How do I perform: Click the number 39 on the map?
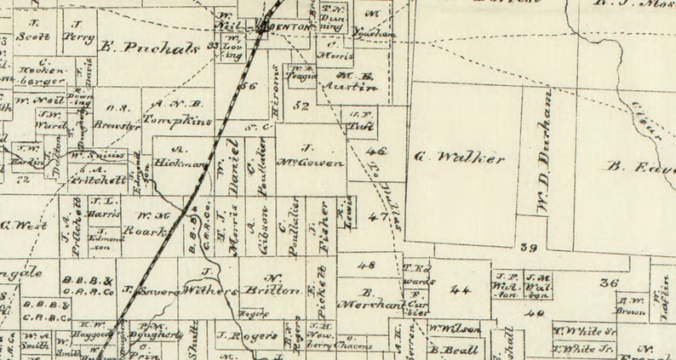[529, 248]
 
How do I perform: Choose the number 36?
[608, 283]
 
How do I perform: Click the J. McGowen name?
[310, 155]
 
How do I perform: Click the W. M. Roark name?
[153, 221]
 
